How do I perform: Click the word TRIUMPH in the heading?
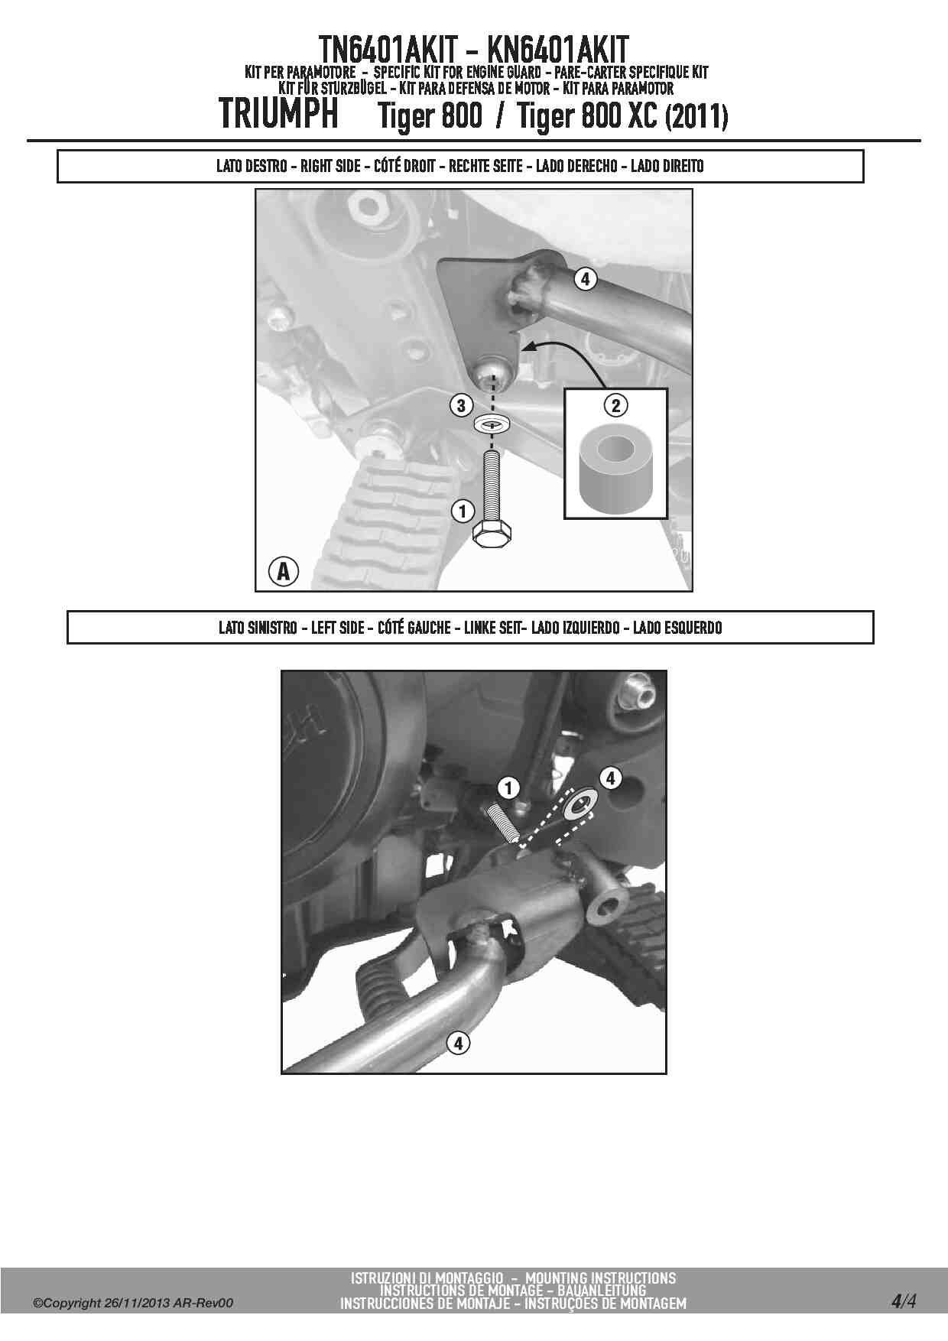279,115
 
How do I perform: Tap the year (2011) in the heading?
696,117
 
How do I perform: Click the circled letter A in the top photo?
283,570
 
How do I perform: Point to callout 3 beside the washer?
461,405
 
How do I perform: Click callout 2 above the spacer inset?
616,405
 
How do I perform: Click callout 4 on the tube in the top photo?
585,279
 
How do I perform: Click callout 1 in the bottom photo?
508,787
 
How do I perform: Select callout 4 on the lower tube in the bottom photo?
458,1042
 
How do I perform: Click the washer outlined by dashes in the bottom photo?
581,804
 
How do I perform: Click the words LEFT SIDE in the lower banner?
337,628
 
